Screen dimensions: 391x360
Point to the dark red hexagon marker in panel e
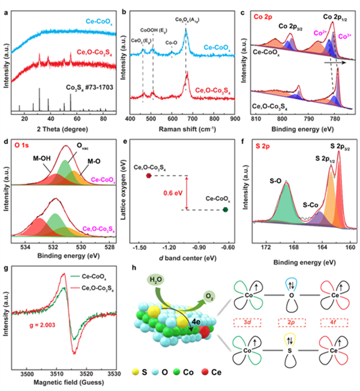pos(148,176)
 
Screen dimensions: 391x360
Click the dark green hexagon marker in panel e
pos(226,210)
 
